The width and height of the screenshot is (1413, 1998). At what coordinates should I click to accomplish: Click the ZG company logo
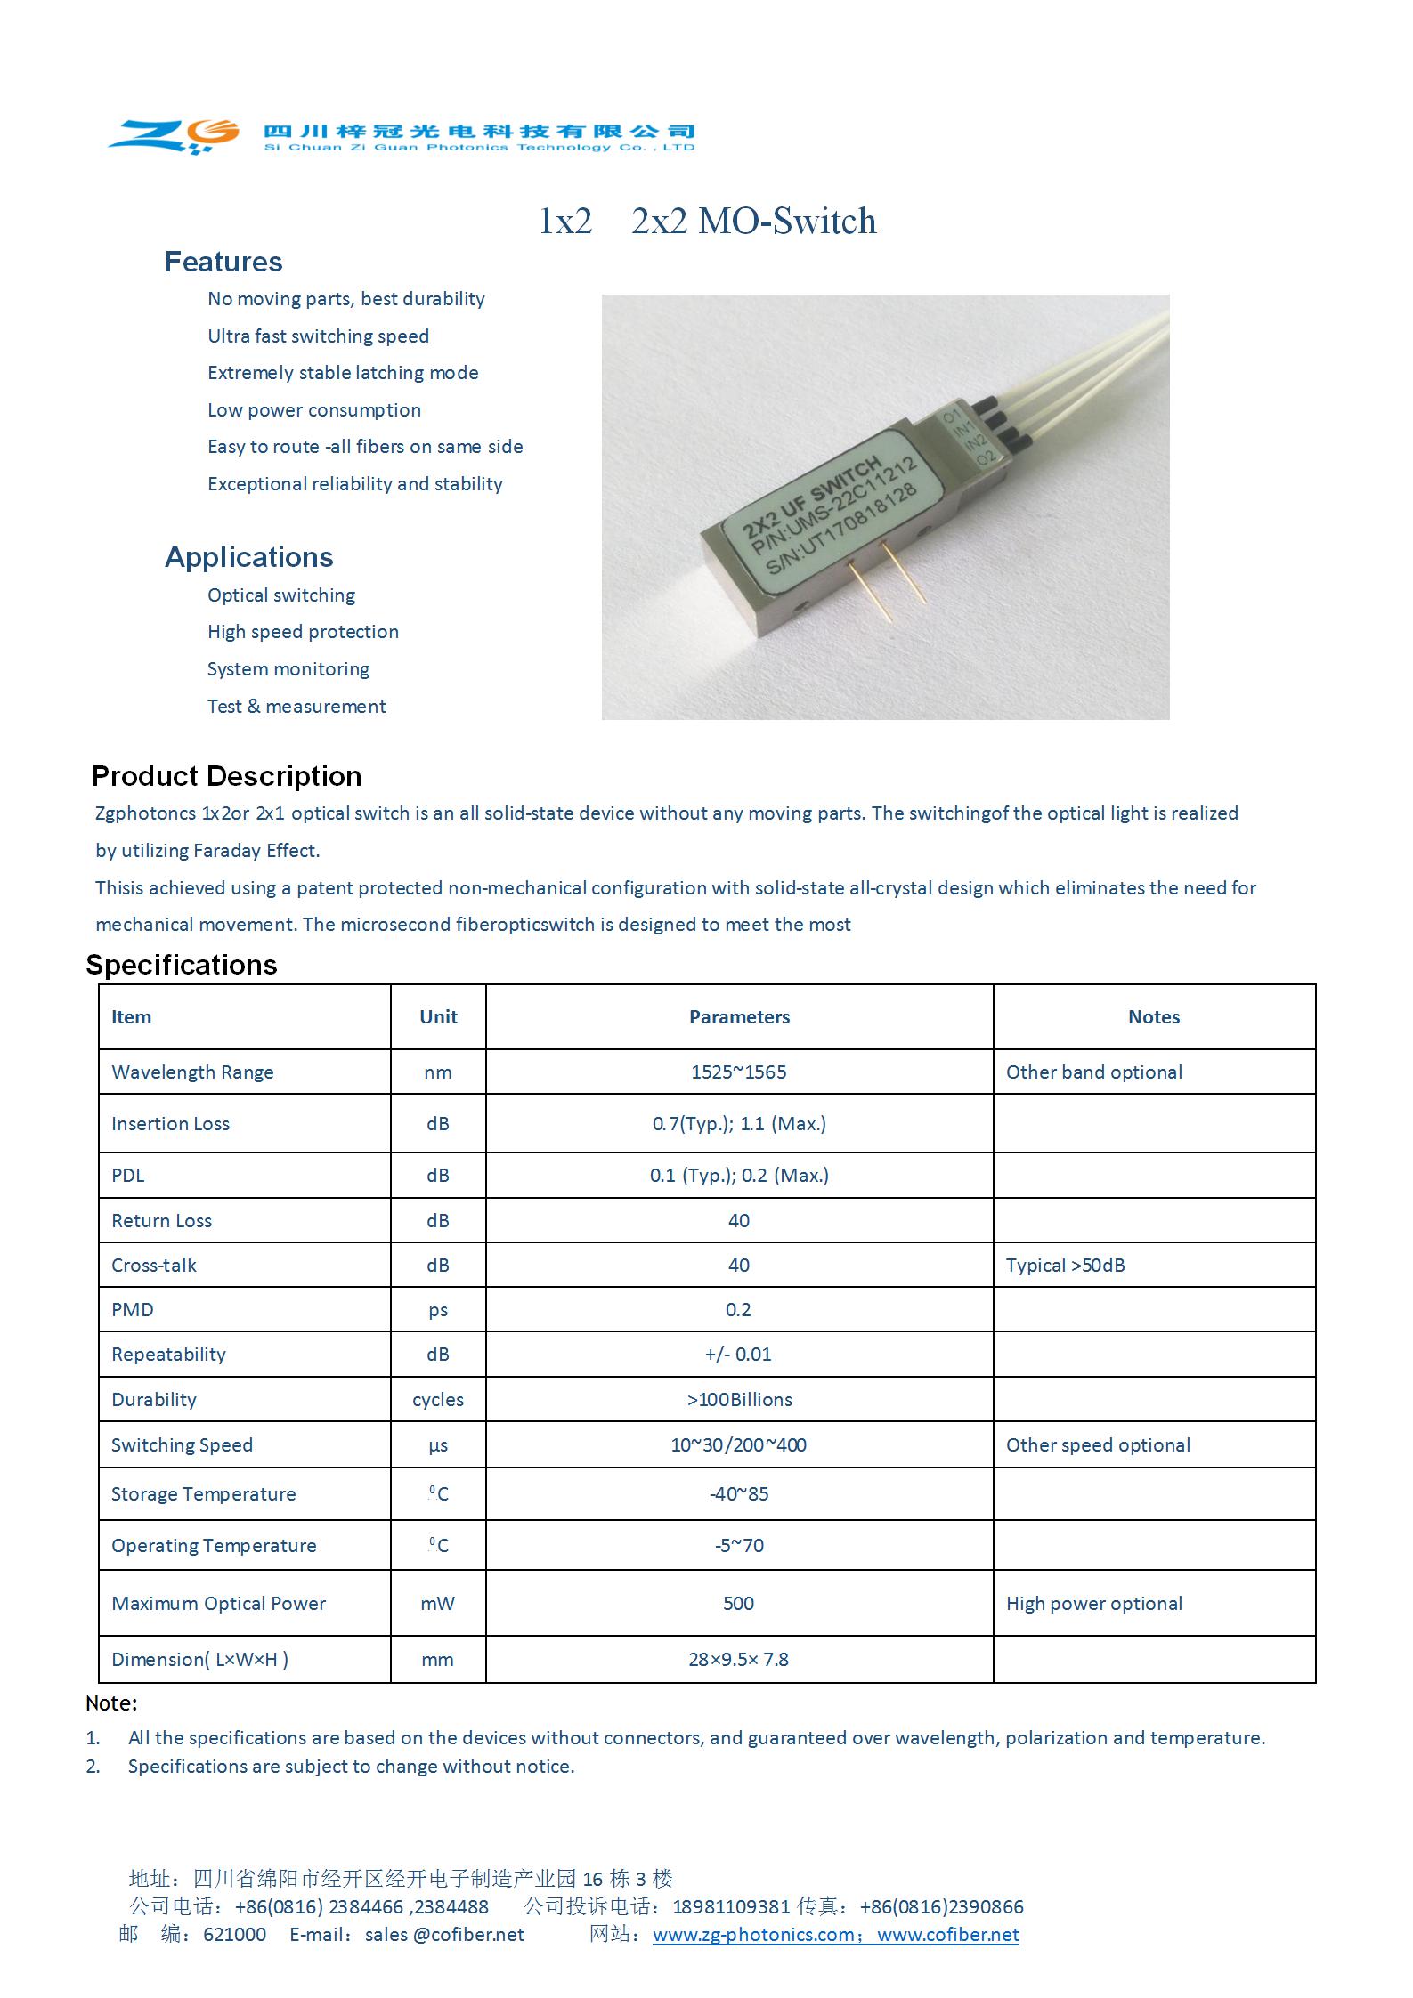pos(175,135)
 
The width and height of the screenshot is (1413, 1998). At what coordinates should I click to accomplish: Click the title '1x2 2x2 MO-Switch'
pos(707,222)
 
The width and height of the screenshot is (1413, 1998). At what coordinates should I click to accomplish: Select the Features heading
pos(223,262)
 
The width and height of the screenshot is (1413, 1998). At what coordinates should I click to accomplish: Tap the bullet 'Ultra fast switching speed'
pos(318,336)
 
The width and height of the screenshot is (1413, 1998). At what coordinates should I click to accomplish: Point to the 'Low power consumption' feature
pos(313,410)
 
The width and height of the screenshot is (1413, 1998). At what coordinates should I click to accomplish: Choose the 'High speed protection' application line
pos(303,632)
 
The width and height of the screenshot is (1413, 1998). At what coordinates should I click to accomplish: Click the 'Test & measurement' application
pos(296,707)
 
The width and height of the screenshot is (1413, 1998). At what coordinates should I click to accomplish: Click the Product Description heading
pos(226,776)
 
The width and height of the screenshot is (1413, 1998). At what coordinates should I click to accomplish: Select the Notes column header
pos(1153,1017)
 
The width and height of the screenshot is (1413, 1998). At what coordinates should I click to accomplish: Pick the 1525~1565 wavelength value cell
pos(738,1072)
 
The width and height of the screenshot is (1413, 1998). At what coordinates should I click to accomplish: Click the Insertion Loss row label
pos(170,1124)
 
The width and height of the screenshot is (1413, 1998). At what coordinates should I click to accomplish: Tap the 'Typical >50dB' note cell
pos(1065,1266)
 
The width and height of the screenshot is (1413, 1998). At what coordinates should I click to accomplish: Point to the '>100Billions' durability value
pos(739,1400)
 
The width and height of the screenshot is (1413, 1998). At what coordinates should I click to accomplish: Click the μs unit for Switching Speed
pos(438,1445)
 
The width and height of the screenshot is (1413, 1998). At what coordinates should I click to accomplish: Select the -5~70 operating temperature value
pos(739,1546)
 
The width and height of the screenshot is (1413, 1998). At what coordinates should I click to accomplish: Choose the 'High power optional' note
pos(1093,1604)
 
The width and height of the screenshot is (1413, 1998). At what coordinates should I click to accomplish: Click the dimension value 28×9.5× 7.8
pos(738,1660)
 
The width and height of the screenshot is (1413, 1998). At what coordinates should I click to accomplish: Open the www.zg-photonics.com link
pos(753,1935)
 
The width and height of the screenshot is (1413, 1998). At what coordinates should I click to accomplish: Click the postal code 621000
pos(234,1935)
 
